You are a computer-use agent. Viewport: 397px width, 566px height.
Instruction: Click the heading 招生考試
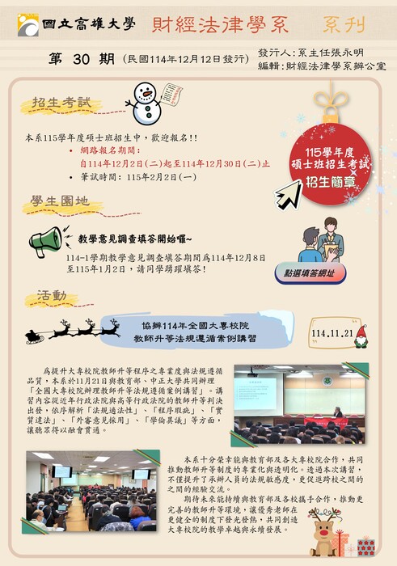coord(55,103)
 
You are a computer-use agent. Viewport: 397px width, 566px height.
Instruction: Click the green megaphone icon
coord(46,239)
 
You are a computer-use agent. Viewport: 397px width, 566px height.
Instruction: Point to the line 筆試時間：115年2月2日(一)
coord(137,175)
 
